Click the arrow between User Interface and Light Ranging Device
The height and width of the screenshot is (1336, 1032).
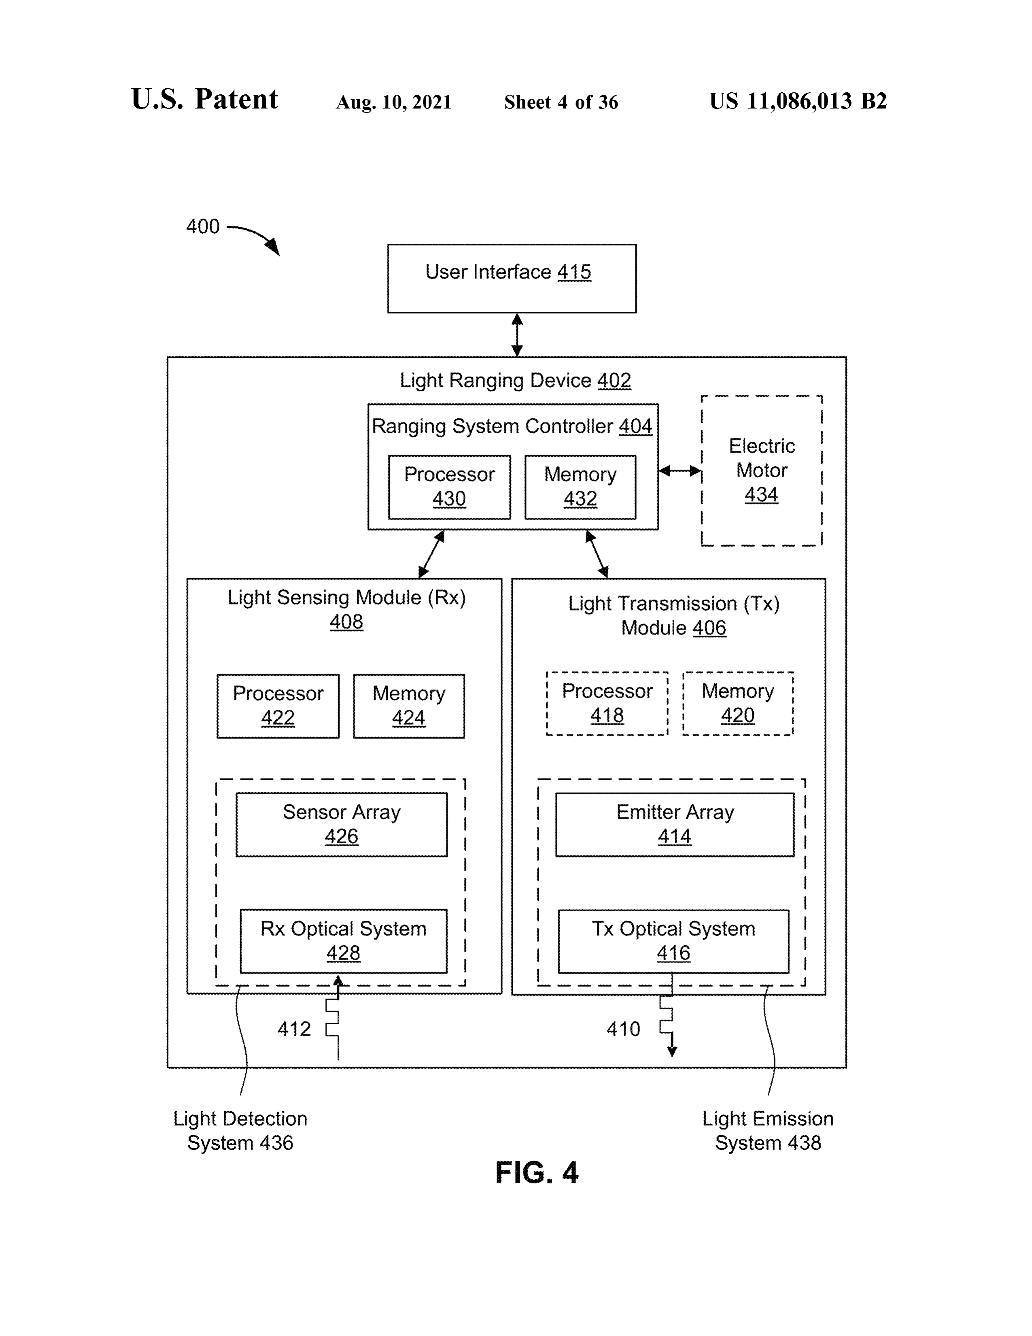pyautogui.click(x=517, y=335)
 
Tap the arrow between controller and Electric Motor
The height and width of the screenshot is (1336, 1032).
pyautogui.click(x=680, y=471)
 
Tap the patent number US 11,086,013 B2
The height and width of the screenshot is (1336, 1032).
pyautogui.click(x=798, y=101)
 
